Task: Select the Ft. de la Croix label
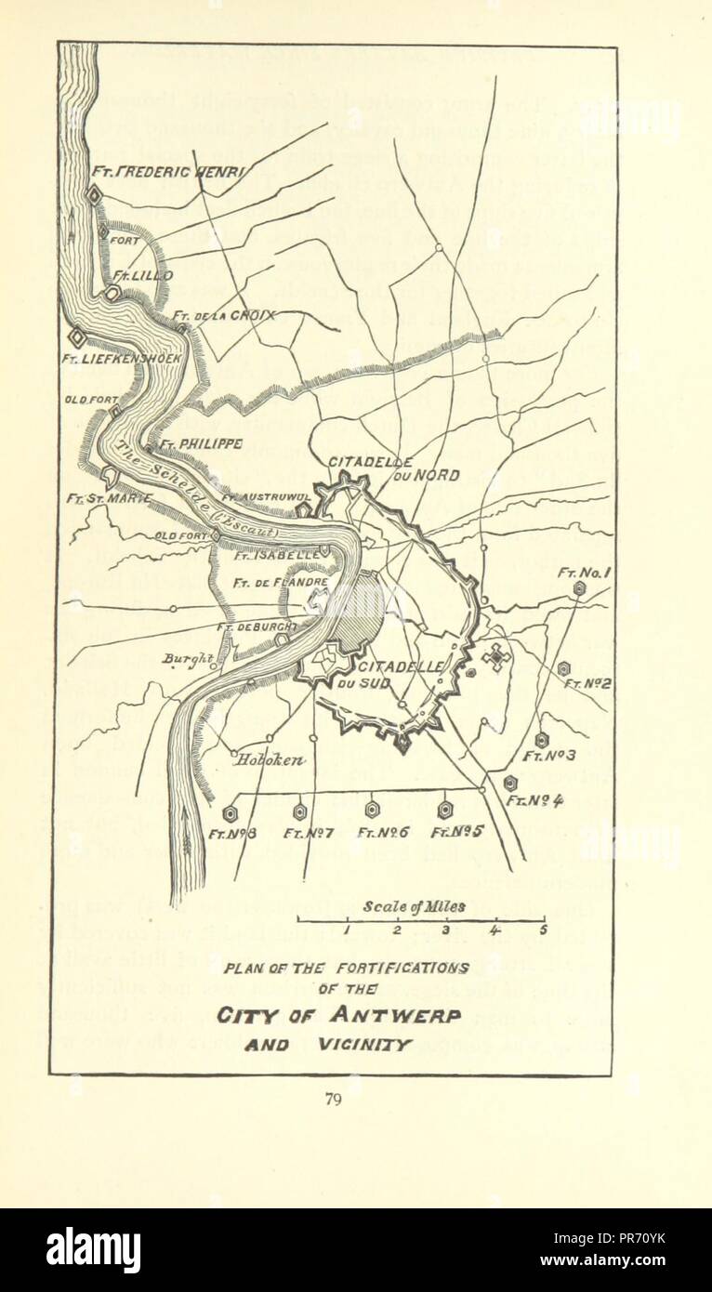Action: [224, 315]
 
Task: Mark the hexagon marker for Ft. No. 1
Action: [579, 588]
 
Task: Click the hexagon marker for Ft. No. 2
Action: [563, 668]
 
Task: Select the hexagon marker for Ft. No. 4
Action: [510, 783]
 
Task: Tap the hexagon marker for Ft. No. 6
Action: [372, 810]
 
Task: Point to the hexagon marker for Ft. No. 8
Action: [230, 813]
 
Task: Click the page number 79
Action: [334, 1100]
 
